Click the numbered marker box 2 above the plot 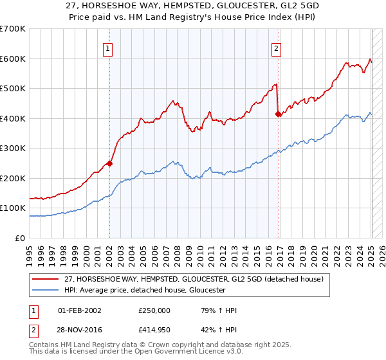(276, 48)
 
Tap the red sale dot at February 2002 (109, 163)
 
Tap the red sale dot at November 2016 (278, 114)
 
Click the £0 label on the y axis (21, 238)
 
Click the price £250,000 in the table (154, 310)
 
